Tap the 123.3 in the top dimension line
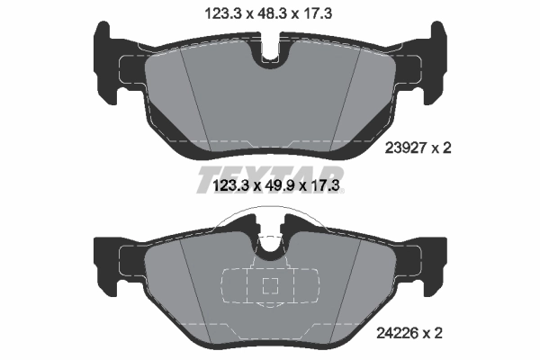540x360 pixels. (x=222, y=13)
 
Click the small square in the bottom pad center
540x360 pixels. (x=268, y=287)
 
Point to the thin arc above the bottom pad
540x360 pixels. (x=268, y=211)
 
